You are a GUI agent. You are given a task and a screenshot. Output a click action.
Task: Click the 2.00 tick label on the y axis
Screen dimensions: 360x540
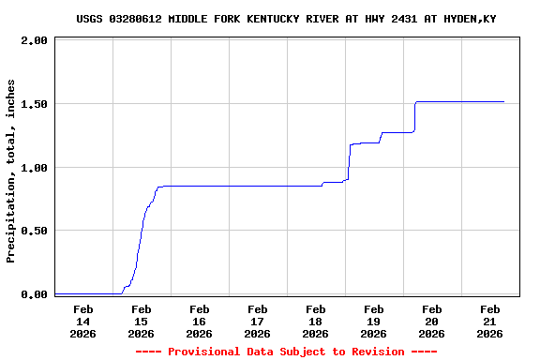point(34,41)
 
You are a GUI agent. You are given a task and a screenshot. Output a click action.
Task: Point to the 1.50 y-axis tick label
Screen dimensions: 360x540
point(34,104)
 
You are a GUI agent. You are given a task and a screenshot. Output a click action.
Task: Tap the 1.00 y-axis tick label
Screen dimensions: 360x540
point(34,168)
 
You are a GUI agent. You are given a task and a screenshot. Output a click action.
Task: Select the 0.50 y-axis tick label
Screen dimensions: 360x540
point(34,231)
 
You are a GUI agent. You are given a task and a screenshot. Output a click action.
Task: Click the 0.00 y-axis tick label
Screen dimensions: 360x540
point(34,294)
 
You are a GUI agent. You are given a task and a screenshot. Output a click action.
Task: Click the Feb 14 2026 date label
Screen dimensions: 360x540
point(82,321)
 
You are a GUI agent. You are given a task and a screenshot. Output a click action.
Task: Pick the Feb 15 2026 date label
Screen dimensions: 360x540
point(141,321)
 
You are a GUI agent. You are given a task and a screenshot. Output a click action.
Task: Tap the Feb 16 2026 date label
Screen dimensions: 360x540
point(199,321)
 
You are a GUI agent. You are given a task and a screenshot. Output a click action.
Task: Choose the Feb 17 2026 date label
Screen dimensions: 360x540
point(257,321)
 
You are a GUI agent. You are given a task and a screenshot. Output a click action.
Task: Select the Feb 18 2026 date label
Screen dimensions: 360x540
point(315,321)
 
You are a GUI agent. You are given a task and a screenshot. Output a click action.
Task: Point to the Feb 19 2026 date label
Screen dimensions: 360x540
point(373,321)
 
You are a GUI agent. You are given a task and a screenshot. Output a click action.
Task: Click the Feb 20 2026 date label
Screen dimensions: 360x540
point(431,321)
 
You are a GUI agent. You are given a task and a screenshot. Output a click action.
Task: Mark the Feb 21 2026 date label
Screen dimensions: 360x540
point(489,321)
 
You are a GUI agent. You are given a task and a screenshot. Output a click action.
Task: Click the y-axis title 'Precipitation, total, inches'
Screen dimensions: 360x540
point(11,171)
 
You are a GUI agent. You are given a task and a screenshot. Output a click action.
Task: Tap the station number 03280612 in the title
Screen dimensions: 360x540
point(137,19)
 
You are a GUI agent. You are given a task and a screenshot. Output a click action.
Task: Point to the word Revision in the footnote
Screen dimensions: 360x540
point(377,352)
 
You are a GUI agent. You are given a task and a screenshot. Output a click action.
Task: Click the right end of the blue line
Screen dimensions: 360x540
point(503,101)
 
